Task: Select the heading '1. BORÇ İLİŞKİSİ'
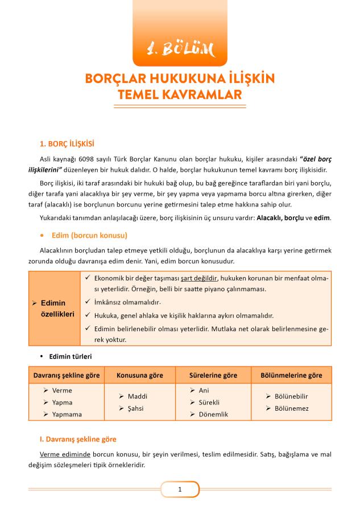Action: [x=67, y=144]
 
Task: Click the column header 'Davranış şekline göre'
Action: [x=67, y=375]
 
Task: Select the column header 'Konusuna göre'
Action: [x=140, y=375]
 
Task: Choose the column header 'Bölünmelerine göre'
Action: [x=291, y=375]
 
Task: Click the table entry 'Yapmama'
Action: [x=67, y=415]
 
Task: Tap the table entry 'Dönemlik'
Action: [x=213, y=415]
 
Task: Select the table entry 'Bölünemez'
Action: [x=292, y=408]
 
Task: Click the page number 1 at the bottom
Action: [x=180, y=489]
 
